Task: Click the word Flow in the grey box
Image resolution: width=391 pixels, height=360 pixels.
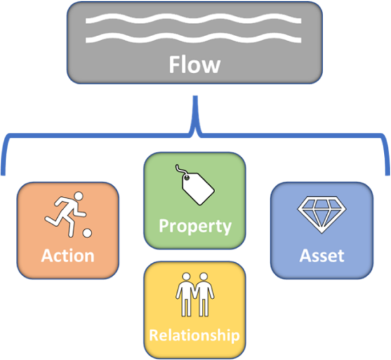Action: click(x=195, y=65)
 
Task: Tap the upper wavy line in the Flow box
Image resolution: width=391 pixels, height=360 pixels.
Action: click(x=194, y=20)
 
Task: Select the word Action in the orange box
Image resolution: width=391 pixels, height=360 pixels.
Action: click(x=67, y=255)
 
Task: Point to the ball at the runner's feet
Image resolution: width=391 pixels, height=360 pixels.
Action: click(x=86, y=233)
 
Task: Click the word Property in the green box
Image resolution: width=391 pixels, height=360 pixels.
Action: click(x=195, y=226)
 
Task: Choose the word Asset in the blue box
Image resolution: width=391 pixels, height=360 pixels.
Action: click(x=322, y=256)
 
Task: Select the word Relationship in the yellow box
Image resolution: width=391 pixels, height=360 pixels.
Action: click(x=194, y=335)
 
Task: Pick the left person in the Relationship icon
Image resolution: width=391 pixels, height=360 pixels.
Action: click(x=186, y=295)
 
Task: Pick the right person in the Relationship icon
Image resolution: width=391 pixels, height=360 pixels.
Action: click(x=203, y=295)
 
